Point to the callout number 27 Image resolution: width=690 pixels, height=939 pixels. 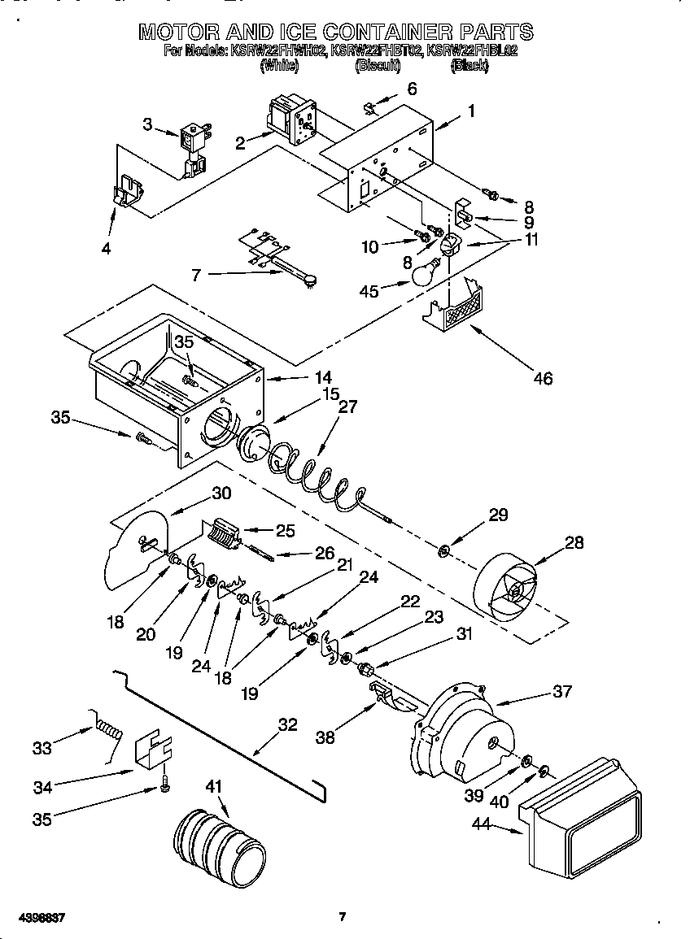(x=347, y=408)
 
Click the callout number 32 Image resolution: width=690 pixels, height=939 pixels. (x=288, y=725)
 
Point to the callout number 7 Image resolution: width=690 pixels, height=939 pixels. (x=195, y=276)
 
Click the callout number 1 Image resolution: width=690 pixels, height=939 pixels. (x=470, y=112)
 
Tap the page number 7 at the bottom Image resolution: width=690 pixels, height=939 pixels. (x=343, y=917)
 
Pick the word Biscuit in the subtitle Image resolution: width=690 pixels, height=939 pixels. (x=378, y=67)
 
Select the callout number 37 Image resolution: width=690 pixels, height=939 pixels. (x=561, y=692)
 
